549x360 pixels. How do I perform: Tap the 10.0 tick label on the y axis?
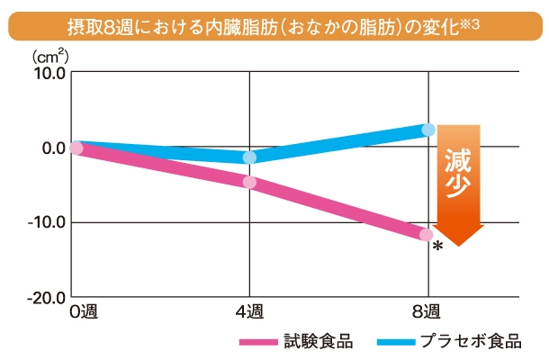tap(45, 73)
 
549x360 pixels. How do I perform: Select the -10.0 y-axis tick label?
tap(43, 222)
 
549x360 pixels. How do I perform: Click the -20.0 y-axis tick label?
tap(43, 297)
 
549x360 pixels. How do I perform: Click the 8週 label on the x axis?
tap(427, 313)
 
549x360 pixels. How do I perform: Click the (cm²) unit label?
tap(49, 56)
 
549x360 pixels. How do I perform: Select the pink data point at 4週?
tap(249, 183)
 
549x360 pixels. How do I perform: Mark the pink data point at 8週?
tap(427, 235)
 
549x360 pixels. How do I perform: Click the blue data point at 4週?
tap(249, 157)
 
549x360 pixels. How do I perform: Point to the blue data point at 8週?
tap(428, 130)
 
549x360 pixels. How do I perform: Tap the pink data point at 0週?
tap(76, 148)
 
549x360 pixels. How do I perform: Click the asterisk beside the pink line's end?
tap(438, 247)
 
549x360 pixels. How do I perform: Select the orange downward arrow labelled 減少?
tap(460, 184)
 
